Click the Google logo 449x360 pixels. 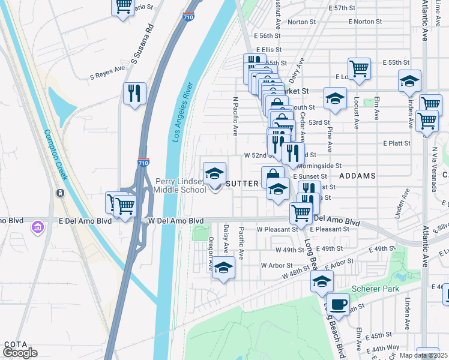pos(20,353)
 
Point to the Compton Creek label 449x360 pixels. pos(54,155)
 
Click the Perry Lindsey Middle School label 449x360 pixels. pos(181,185)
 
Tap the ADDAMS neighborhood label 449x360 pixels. pos(357,176)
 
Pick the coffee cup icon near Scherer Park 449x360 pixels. pos(339,304)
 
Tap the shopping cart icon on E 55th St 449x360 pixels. pos(359,68)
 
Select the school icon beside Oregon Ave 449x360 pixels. pos(223,268)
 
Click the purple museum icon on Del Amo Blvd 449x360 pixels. pos(38,227)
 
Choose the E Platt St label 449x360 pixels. pos(396,143)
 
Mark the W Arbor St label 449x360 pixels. pos(277,265)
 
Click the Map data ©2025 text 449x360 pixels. pos(424,355)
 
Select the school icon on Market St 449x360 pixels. pos(335,98)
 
